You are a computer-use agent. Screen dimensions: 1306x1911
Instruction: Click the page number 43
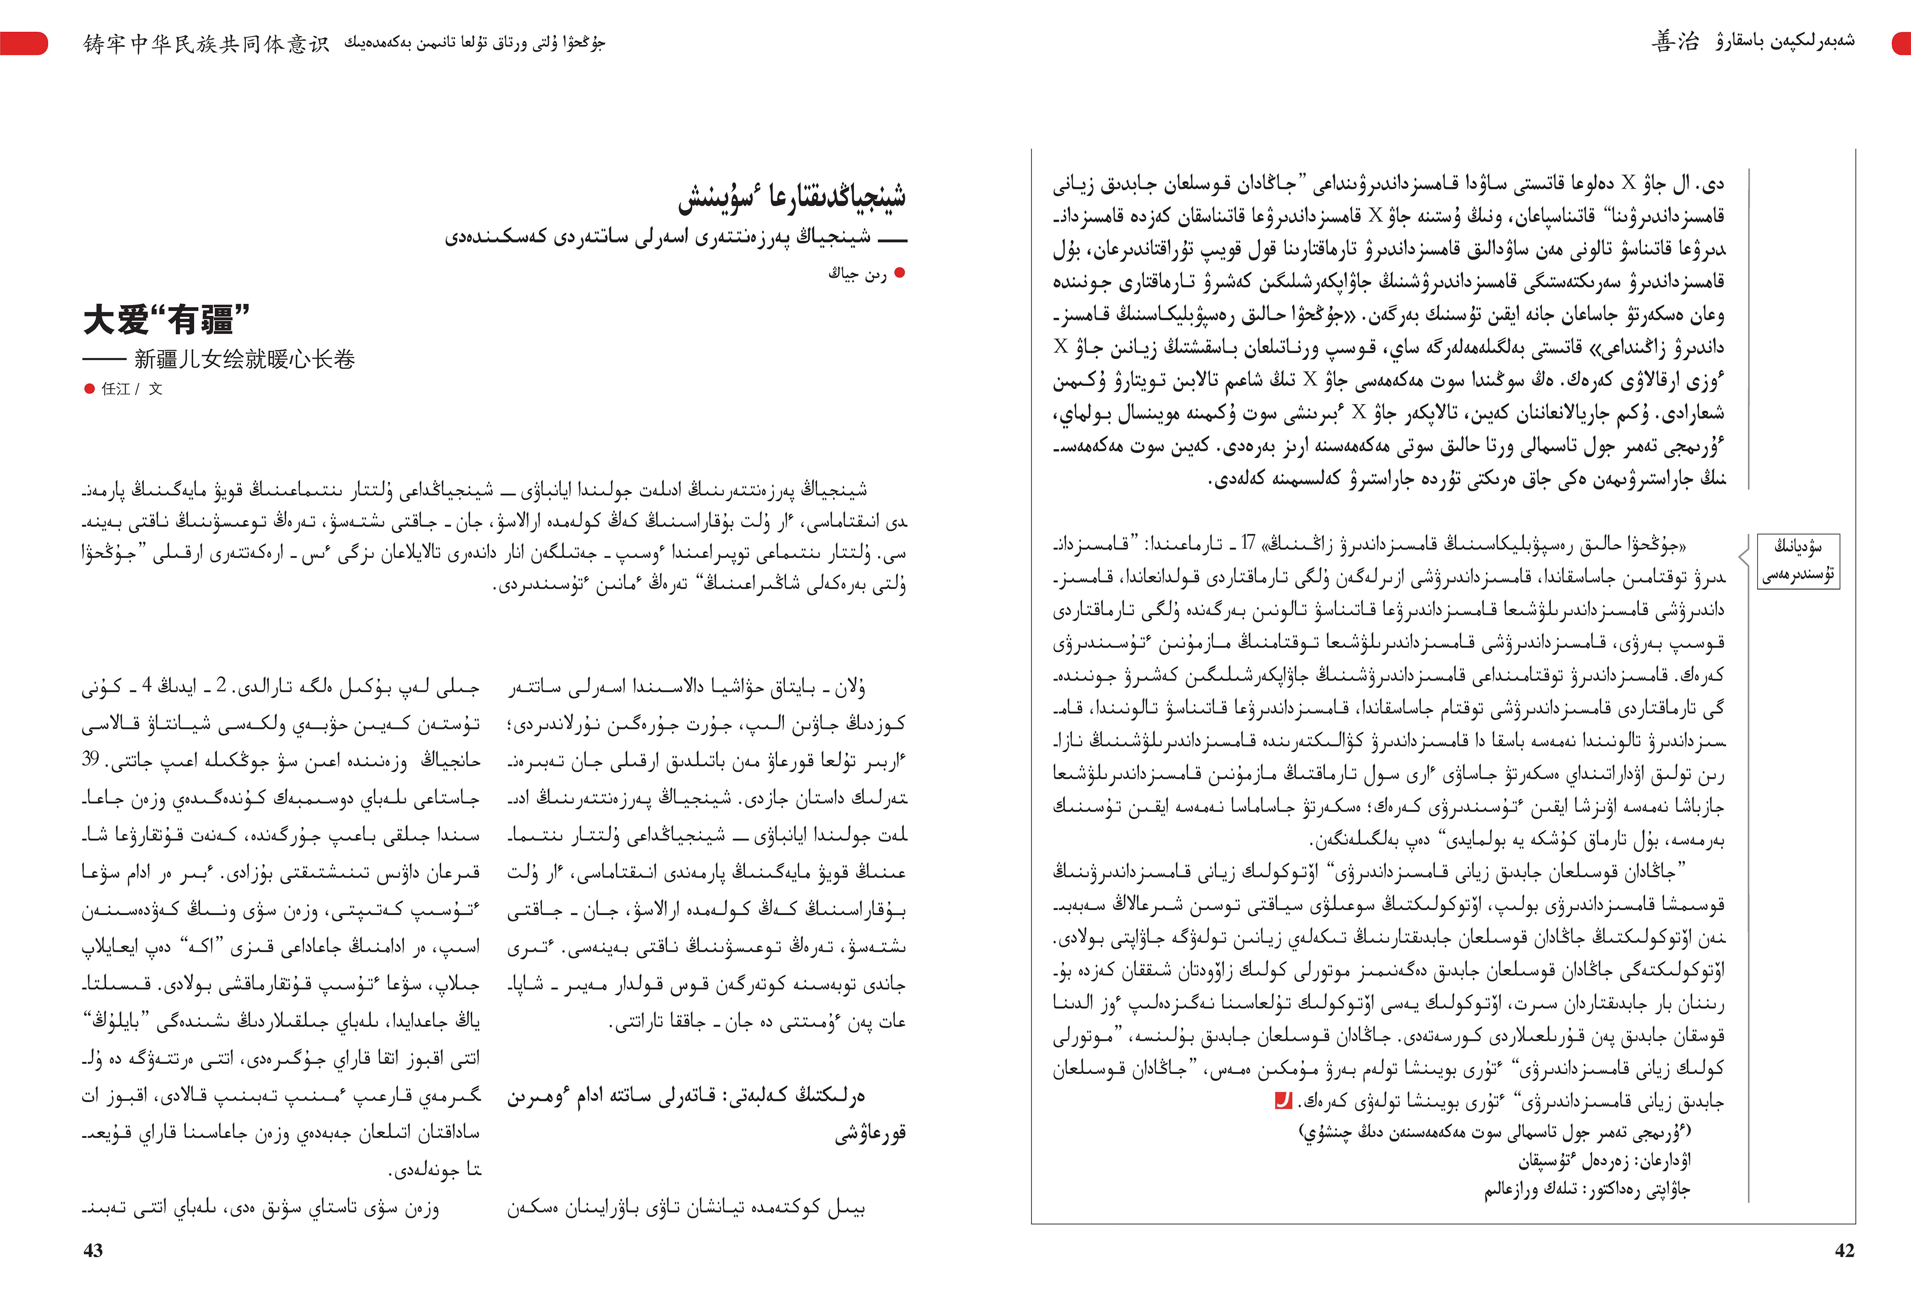[x=93, y=1250]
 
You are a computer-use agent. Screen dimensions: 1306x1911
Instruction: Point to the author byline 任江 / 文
[x=132, y=389]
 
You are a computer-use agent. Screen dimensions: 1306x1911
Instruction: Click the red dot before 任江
[x=89, y=389]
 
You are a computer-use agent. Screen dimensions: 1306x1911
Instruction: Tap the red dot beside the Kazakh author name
[x=899, y=273]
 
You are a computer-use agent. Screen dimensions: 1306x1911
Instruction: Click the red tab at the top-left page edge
[x=23, y=43]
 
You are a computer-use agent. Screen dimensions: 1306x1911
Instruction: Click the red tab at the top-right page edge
[x=1901, y=43]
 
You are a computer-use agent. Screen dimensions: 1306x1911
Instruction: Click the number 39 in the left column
[x=90, y=758]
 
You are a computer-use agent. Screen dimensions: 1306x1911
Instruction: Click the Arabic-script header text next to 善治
[x=1784, y=41]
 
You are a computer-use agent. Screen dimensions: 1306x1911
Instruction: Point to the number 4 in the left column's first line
[x=147, y=684]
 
